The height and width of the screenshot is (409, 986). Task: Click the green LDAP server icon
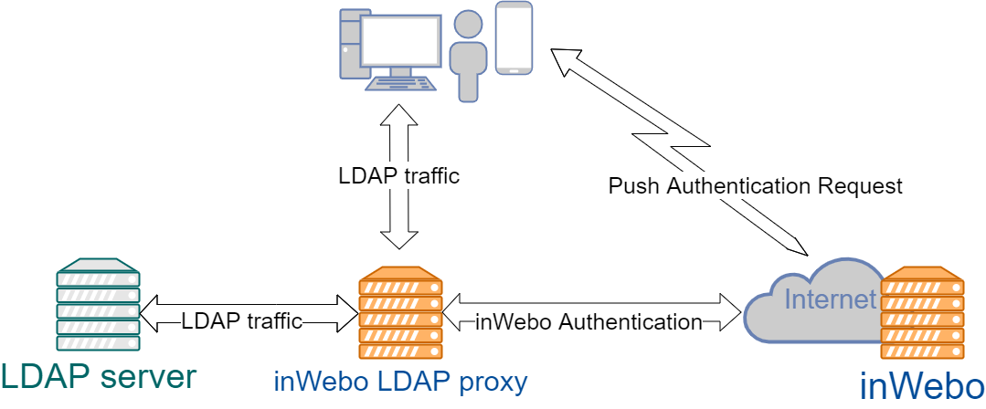point(98,305)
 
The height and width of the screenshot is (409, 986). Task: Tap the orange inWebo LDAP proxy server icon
point(399,315)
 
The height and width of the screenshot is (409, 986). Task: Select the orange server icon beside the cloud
point(923,315)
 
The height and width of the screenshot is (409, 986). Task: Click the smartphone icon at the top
point(514,38)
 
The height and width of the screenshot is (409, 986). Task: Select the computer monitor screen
point(399,43)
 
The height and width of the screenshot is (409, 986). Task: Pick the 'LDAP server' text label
point(98,376)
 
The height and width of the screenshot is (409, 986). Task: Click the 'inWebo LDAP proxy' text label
point(400,381)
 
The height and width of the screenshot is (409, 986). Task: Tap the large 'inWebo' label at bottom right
point(921,385)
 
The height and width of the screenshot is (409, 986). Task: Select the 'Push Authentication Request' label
point(755,186)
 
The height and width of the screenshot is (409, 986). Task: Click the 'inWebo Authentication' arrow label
point(588,321)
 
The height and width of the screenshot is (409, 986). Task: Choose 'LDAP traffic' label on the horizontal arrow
point(241,321)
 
